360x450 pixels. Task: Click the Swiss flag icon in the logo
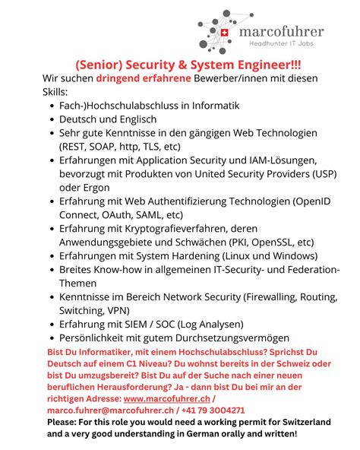point(226,33)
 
